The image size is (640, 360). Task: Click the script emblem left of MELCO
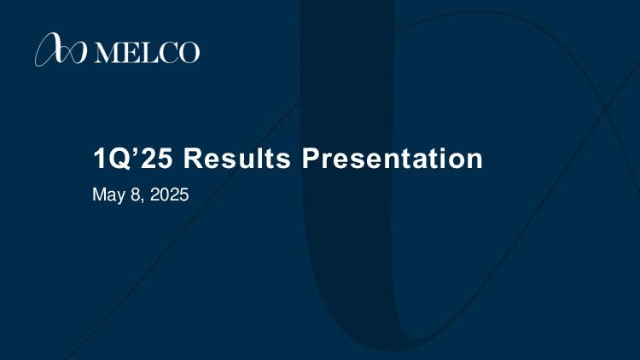[x=61, y=49]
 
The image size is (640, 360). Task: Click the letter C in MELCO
[x=168, y=53]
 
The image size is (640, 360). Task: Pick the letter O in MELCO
[x=189, y=53]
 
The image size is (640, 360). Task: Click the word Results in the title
[x=236, y=158]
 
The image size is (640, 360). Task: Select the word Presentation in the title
[x=393, y=158]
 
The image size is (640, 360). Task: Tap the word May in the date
[x=109, y=195]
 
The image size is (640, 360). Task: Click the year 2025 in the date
[x=170, y=195]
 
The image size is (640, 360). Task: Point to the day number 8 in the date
[x=136, y=195]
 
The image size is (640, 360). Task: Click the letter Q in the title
[x=120, y=159]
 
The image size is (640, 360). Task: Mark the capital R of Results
[x=194, y=158]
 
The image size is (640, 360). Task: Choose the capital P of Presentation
[x=311, y=158]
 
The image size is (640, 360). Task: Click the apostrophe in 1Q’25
[x=136, y=151]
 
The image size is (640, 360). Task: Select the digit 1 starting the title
[x=100, y=158]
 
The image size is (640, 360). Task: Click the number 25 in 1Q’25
[x=156, y=158]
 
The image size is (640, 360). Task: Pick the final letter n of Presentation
[x=474, y=161]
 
